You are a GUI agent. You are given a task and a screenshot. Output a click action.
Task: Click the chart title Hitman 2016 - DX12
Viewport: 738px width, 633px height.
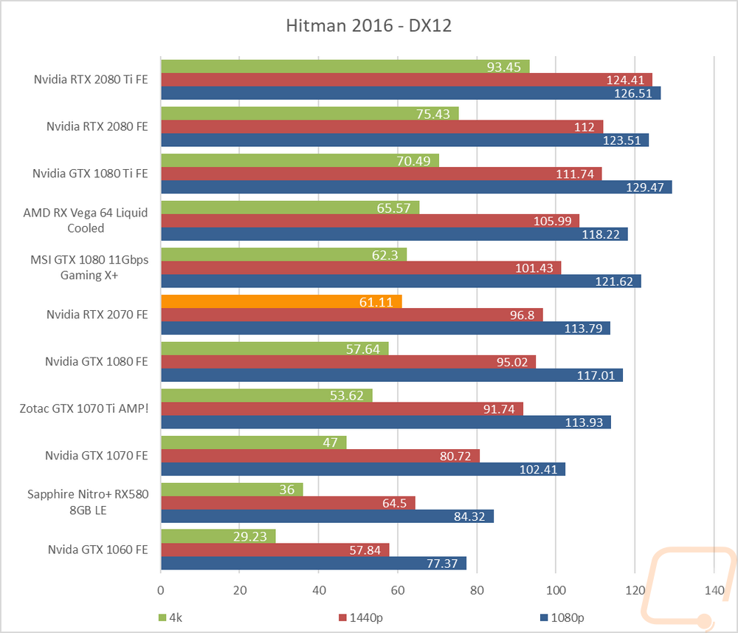click(x=368, y=25)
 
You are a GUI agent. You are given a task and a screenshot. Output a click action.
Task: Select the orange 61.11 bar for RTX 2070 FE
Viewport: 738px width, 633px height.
click(x=281, y=301)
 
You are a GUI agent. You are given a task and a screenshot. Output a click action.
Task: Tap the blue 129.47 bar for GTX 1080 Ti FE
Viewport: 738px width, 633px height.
click(x=416, y=187)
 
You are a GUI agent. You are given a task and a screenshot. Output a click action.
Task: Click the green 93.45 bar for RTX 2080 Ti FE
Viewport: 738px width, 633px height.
click(x=345, y=66)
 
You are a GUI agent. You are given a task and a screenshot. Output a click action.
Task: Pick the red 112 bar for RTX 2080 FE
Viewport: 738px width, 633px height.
click(x=382, y=127)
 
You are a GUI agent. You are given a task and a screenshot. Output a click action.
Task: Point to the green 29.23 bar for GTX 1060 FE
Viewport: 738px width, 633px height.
click(x=218, y=536)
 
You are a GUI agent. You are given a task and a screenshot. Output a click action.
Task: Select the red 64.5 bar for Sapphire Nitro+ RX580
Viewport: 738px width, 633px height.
click(x=288, y=503)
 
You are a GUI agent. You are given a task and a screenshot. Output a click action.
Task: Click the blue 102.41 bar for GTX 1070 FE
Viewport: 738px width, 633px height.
click(x=363, y=469)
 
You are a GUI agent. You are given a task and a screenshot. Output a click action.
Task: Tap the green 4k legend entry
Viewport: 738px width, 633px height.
click(x=170, y=617)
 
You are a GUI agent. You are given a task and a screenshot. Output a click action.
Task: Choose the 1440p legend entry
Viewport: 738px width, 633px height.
click(x=361, y=617)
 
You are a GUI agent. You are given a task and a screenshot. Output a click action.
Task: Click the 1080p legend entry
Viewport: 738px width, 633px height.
click(x=562, y=617)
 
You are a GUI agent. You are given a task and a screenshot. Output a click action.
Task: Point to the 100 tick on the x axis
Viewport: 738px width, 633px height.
click(x=556, y=590)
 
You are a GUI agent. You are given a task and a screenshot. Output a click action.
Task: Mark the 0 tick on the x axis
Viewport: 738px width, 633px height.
click(x=161, y=590)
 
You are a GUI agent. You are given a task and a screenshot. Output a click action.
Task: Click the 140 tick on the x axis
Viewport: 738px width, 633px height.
click(x=714, y=590)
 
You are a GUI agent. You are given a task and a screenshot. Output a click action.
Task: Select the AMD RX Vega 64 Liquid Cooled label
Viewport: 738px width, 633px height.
click(x=86, y=220)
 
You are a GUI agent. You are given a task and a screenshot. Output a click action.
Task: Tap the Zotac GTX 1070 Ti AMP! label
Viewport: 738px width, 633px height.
click(x=84, y=408)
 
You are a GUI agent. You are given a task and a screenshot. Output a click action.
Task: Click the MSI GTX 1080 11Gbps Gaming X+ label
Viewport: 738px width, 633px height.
click(x=89, y=267)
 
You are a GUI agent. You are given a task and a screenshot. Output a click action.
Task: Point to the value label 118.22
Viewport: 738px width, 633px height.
click(x=601, y=234)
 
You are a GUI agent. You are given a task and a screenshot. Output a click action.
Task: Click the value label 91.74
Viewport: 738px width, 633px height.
click(x=499, y=408)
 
